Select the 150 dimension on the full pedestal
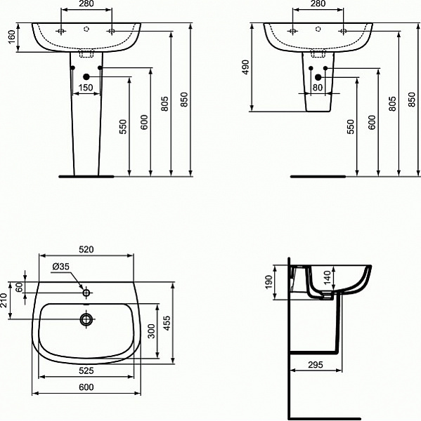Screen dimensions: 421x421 [85, 88]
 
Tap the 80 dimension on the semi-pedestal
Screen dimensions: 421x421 [317, 88]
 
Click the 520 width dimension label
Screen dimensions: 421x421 [86, 249]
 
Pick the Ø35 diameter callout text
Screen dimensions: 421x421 [61, 267]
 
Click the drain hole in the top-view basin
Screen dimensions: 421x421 [86, 320]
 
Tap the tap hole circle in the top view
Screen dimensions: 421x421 [86, 293]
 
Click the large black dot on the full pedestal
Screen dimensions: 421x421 [86, 76]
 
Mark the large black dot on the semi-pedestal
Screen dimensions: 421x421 [318, 76]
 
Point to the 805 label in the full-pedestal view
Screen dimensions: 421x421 [165, 104]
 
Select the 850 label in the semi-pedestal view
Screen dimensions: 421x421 [413, 102]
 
